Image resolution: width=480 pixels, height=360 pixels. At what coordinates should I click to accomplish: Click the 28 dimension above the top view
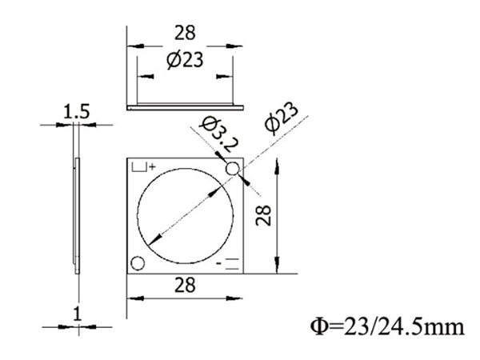coord(185,34)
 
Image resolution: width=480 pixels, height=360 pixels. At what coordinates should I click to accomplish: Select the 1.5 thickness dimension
coord(77,112)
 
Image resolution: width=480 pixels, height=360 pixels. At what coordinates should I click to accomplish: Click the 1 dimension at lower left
coord(77,314)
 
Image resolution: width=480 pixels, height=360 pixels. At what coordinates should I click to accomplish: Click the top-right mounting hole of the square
coord(233,169)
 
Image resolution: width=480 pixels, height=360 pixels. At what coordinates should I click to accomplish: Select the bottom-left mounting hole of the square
coord(137,263)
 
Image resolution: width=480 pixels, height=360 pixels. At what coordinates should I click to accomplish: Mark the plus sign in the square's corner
coord(151,166)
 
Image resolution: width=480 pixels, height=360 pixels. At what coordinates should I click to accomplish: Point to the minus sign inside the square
coord(220,261)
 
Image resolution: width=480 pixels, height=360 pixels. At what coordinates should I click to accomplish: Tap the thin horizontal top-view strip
coord(185,104)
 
